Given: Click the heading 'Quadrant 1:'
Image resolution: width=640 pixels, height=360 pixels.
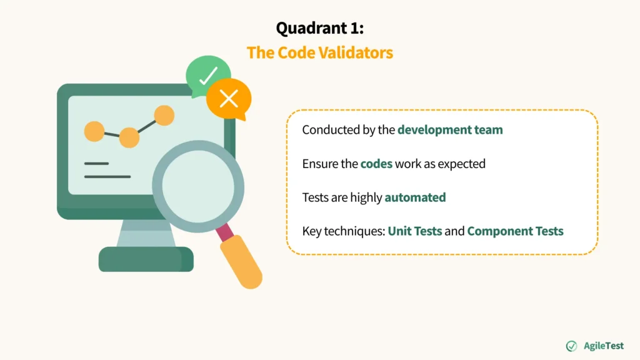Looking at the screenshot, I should (319, 28).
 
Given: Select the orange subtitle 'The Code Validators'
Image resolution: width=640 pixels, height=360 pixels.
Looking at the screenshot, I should (319, 52).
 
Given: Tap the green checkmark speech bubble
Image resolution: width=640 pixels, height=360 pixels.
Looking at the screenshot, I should (207, 76).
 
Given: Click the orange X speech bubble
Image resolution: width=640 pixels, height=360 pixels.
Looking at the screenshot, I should (229, 99).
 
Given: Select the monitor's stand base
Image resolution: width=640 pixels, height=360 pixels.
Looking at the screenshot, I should (146, 259).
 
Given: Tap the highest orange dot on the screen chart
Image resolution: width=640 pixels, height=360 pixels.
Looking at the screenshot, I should (164, 115).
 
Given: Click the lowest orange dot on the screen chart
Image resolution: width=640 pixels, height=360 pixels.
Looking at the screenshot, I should (129, 137).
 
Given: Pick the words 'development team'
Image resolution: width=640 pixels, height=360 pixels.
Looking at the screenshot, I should (450, 130).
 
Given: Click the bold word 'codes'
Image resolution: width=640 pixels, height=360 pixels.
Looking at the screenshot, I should (376, 164).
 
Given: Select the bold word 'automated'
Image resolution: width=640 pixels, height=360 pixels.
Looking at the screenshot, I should (415, 197).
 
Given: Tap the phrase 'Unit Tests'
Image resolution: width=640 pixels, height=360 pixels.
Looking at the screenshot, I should (414, 231).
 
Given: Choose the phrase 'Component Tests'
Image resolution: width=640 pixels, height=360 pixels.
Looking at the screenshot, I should (515, 231).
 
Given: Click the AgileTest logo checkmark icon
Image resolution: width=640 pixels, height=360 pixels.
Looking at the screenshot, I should (571, 346).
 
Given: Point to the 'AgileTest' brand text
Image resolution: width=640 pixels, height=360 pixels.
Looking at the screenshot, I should (603, 346).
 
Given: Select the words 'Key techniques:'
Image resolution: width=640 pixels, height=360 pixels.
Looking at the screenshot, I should (342, 231).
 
